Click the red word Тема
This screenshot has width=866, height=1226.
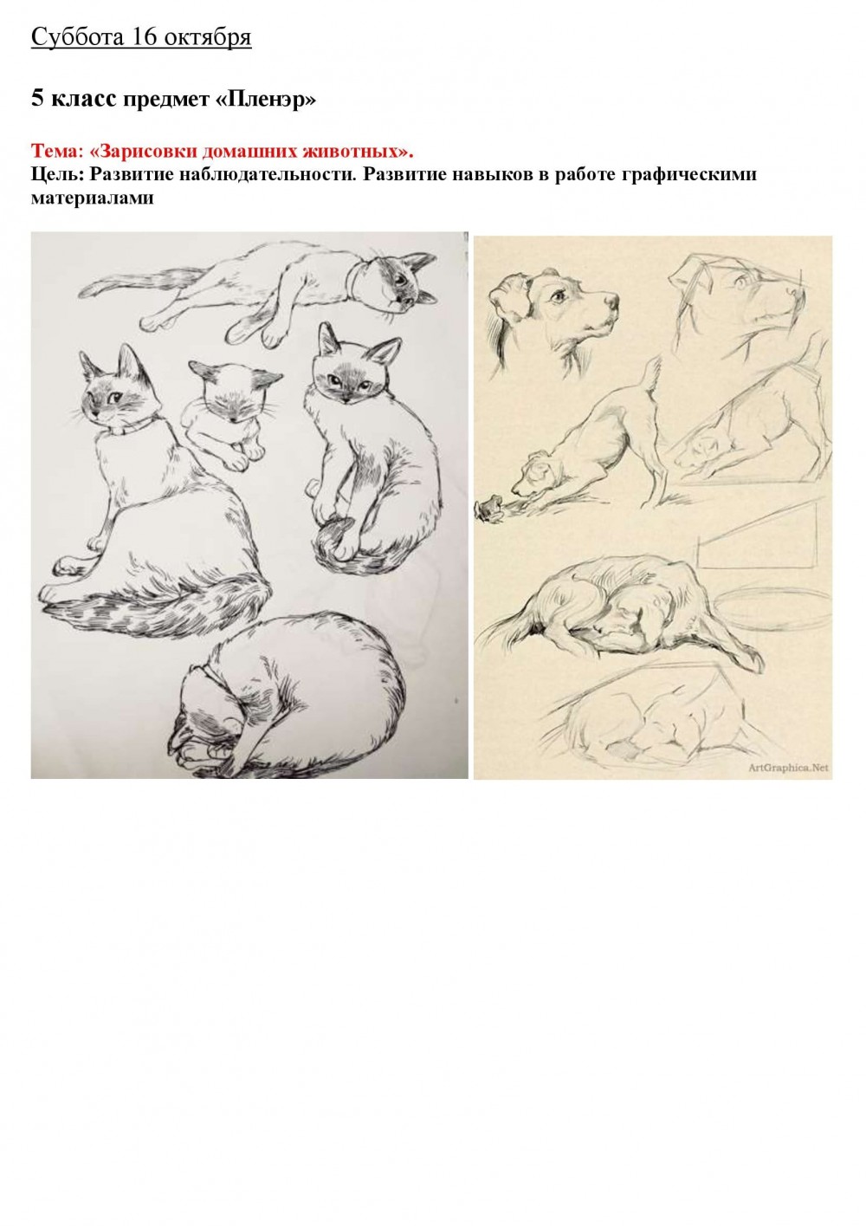pyautogui.click(x=55, y=151)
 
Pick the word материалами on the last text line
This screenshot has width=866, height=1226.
pyautogui.click(x=93, y=198)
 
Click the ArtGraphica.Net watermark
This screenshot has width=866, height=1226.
pyautogui.click(x=788, y=768)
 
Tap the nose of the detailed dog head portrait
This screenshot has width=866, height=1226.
pyautogui.click(x=612, y=300)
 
